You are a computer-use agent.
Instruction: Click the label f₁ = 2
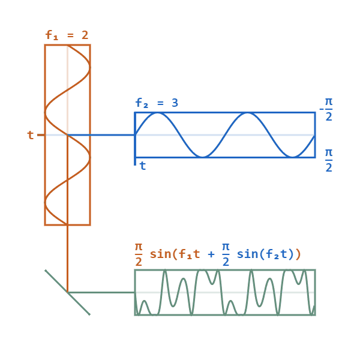pos(67,35)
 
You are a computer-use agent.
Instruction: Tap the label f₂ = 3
pos(157,103)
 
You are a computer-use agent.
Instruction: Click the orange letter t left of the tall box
pos(31,135)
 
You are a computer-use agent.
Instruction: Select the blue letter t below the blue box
pos(142,166)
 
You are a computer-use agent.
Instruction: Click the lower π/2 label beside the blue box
pos(329,160)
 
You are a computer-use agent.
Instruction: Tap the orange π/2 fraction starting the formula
pos(139,254)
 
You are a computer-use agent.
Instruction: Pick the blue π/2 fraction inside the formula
pos(226,254)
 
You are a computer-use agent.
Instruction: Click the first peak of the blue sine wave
pos(158,113)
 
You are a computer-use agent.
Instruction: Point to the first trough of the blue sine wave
pos(203,157)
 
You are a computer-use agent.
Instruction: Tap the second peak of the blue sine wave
pos(247,113)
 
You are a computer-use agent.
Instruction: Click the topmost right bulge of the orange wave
pos(89,67)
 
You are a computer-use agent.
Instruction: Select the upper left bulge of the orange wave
pos(46,112)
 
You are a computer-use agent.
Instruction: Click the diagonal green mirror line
pos(67,292)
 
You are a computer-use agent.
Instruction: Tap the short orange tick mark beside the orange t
pos(41,135)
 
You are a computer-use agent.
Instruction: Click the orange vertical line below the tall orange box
pos(67,258)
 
